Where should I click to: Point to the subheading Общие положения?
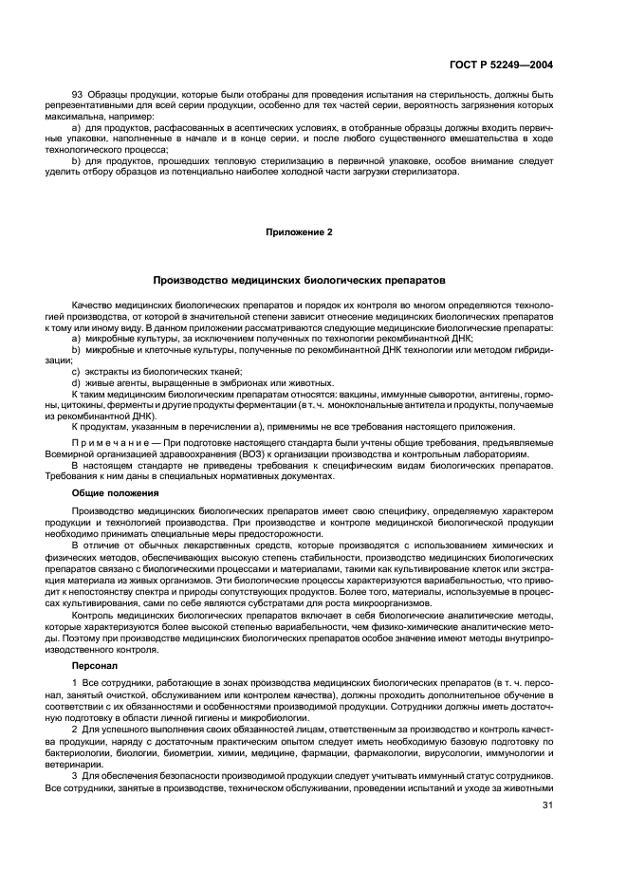click(x=115, y=493)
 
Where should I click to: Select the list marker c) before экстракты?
click(x=76, y=371)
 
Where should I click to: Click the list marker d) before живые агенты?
click(x=76, y=381)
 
